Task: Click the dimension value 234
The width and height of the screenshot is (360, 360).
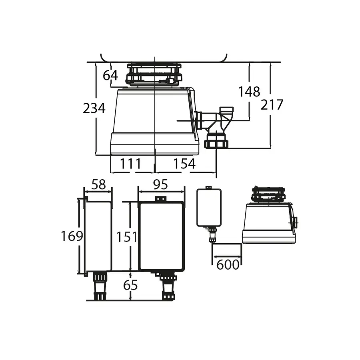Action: coord(94,108)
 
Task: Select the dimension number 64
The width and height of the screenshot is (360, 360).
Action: coord(110,75)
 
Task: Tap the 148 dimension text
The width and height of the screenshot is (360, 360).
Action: coord(249,92)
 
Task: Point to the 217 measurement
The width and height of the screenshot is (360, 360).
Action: coord(272,105)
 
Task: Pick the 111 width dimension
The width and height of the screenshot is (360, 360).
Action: coord(130,164)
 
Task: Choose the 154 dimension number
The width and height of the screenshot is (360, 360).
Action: coord(184,164)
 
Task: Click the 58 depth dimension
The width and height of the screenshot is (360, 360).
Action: coord(98,184)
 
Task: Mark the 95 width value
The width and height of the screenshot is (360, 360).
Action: coord(160,184)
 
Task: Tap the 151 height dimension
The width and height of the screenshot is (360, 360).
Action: coord(127,237)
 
